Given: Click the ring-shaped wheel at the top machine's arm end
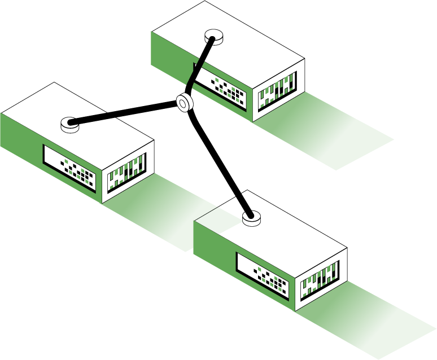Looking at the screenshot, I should pyautogui.click(x=185, y=102).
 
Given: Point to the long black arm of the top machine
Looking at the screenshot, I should pyautogui.click(x=200, y=65).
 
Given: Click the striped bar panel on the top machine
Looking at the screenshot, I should pyautogui.click(x=277, y=91).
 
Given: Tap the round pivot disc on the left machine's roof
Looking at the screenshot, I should pyautogui.click(x=71, y=124).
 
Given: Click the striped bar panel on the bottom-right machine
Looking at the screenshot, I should pyautogui.click(x=320, y=280).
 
